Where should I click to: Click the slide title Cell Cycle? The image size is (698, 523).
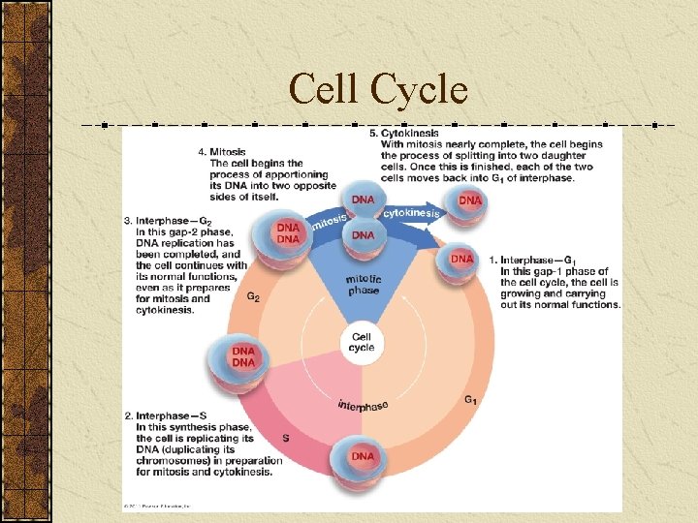(x=378, y=90)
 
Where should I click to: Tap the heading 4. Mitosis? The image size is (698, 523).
(x=221, y=152)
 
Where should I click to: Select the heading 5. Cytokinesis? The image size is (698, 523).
(x=404, y=133)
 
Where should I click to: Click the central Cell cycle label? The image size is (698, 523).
(x=362, y=342)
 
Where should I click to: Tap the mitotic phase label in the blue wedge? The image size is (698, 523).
(x=364, y=284)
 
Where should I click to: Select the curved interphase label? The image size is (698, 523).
(x=363, y=405)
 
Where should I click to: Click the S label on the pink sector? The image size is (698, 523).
(x=285, y=438)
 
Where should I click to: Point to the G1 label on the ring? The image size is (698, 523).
(x=470, y=400)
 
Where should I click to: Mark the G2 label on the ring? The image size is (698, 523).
(x=252, y=297)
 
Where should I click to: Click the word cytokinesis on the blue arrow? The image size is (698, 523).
(x=411, y=213)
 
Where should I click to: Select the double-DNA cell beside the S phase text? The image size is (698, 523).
(x=243, y=356)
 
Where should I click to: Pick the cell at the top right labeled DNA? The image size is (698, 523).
(x=469, y=201)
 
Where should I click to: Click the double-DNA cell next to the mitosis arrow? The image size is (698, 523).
(x=288, y=233)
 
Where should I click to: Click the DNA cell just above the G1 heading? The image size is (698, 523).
(x=461, y=260)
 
